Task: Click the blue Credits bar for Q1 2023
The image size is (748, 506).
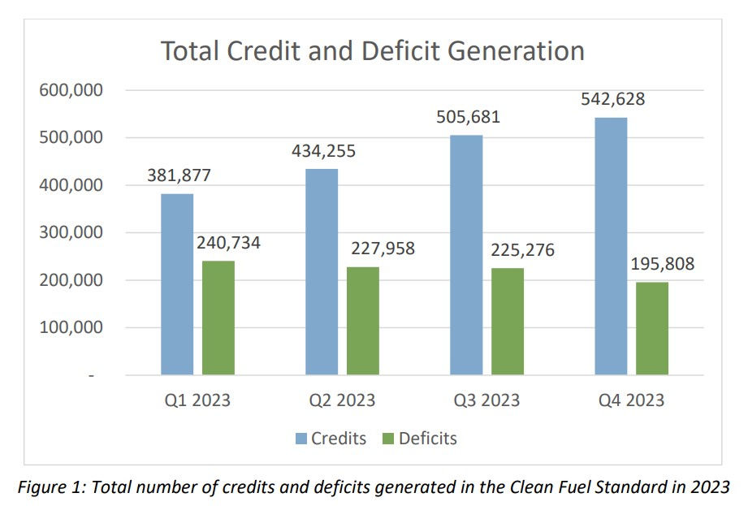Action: point(177,284)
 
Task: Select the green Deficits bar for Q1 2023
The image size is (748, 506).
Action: point(218,318)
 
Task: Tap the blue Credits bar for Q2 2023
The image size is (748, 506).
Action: point(322,272)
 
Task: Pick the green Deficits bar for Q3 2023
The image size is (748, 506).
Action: point(507,322)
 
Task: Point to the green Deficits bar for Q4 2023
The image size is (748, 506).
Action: point(651,328)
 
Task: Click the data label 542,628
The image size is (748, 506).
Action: point(612,100)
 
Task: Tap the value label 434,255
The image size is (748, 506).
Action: point(323,151)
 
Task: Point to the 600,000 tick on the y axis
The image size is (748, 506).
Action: point(71,90)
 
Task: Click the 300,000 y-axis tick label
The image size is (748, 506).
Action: point(71,232)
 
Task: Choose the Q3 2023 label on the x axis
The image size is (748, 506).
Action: point(485,400)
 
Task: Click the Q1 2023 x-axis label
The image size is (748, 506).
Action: point(197,400)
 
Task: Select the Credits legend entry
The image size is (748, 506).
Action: point(331,439)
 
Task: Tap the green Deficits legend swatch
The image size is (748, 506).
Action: point(387,439)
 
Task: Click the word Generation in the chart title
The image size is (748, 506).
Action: point(505,51)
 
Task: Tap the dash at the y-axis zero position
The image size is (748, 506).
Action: point(91,375)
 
